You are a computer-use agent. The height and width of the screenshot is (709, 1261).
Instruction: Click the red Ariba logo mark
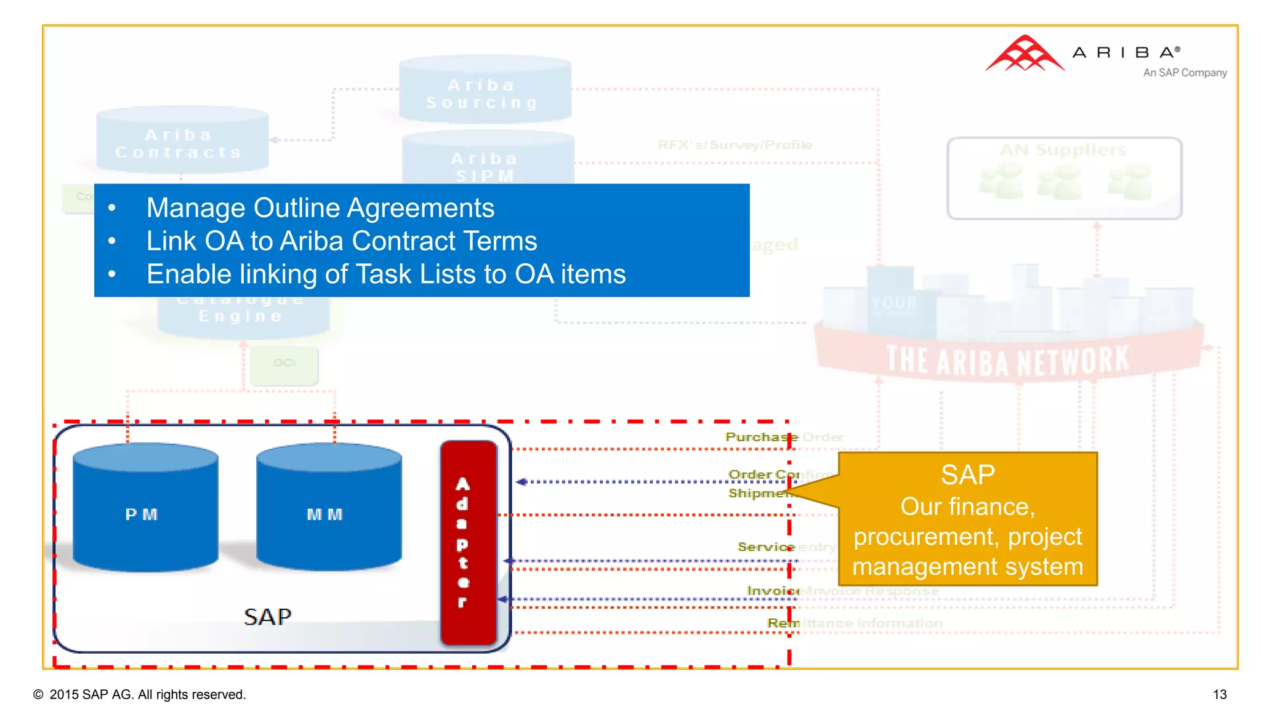pos(1024,54)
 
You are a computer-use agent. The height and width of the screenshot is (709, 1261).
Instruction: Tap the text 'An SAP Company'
pos(1184,73)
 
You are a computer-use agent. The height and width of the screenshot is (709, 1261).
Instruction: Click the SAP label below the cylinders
pos(267,617)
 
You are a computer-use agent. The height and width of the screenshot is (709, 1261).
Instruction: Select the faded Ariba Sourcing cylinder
pos(485,90)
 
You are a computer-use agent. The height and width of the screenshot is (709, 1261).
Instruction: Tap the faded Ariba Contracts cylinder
pos(182,140)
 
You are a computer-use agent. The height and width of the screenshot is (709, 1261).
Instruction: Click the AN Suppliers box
pos(1064,178)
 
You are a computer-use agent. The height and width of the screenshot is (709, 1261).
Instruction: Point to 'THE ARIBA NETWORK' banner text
pos(1008,361)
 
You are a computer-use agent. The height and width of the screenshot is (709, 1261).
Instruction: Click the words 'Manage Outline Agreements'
pos(320,208)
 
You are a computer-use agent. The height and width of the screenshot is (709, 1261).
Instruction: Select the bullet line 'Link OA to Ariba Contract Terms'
pos(342,241)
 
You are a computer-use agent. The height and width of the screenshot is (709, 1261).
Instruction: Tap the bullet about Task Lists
pos(386,274)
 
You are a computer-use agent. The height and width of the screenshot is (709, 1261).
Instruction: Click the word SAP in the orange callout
pos(967,475)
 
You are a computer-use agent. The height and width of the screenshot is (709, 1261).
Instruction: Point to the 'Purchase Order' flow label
pos(784,437)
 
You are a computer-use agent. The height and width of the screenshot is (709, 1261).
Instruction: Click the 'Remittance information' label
pos(855,623)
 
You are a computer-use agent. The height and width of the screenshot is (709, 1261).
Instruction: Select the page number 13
pos(1219,695)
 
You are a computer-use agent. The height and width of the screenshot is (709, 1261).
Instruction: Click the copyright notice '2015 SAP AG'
pos(147,695)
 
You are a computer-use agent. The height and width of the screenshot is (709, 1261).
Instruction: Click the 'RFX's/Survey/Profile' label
pos(735,145)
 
